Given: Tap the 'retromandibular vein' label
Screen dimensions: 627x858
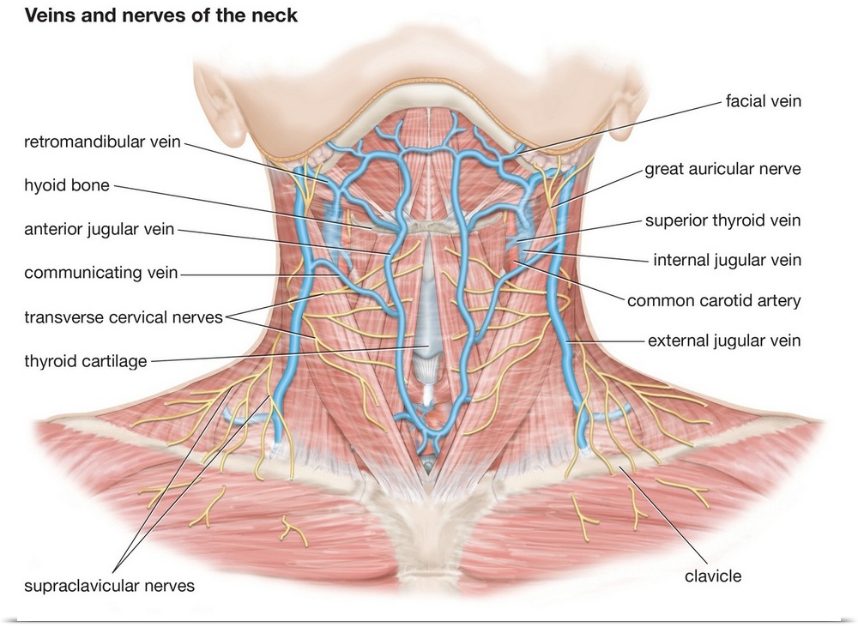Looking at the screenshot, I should [x=102, y=142].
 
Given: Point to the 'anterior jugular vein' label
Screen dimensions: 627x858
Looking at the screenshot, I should [x=100, y=229].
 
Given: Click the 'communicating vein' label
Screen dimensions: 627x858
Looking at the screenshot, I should [x=101, y=273].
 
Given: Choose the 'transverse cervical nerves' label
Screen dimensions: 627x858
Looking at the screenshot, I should [x=124, y=317].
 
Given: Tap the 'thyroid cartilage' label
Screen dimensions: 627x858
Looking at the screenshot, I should [x=87, y=360].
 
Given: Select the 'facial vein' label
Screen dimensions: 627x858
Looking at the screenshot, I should [x=763, y=101].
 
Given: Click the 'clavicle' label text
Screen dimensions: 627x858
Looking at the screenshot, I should [x=712, y=576].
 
